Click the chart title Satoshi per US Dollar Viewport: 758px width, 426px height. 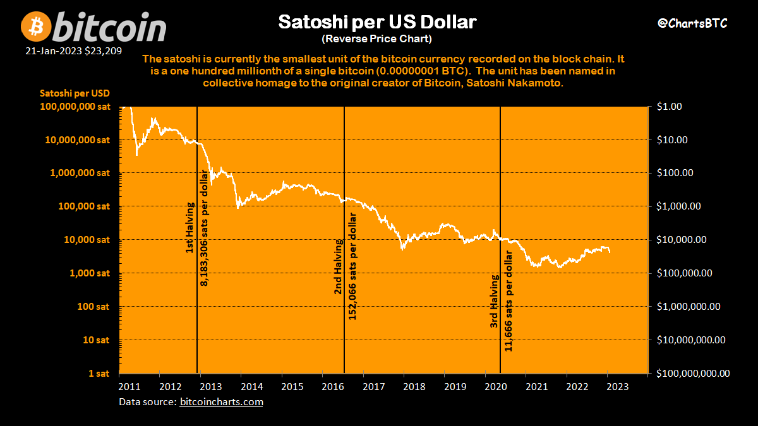tap(377, 23)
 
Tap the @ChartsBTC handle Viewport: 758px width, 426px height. tap(692, 23)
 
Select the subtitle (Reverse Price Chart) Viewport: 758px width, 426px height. tap(376, 39)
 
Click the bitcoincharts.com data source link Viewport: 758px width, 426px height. tap(222, 401)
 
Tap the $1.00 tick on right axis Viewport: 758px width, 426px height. tap(669, 107)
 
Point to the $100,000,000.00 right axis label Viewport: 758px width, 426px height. tap(693, 374)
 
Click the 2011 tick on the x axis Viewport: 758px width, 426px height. tap(128, 386)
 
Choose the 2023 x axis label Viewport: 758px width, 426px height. tap(617, 386)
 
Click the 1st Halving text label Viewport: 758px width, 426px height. tap(189, 228)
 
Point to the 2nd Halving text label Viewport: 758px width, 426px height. tap(339, 268)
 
